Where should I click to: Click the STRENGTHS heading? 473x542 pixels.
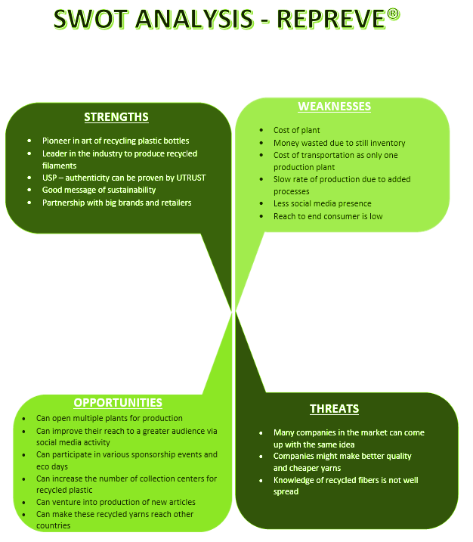point(116,117)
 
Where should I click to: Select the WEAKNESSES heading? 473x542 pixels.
point(334,107)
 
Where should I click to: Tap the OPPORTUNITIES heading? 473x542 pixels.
point(118,403)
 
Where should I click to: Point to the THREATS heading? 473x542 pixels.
point(334,409)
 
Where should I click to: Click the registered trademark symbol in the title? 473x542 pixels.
point(393,15)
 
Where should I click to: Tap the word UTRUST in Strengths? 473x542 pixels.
point(188,178)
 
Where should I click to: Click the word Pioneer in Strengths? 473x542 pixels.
point(57,141)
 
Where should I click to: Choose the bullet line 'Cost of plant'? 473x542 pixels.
point(296,131)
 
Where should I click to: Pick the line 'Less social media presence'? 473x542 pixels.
point(322,203)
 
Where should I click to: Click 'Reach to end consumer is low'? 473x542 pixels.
point(327,216)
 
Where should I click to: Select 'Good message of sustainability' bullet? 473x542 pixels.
point(99,190)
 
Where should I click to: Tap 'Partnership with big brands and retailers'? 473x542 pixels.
point(116,203)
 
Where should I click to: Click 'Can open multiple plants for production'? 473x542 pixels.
point(110,418)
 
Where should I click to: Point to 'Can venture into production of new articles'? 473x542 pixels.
point(116,502)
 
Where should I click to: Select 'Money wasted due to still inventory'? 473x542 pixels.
point(339,143)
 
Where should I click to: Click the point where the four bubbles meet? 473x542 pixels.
point(234,310)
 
